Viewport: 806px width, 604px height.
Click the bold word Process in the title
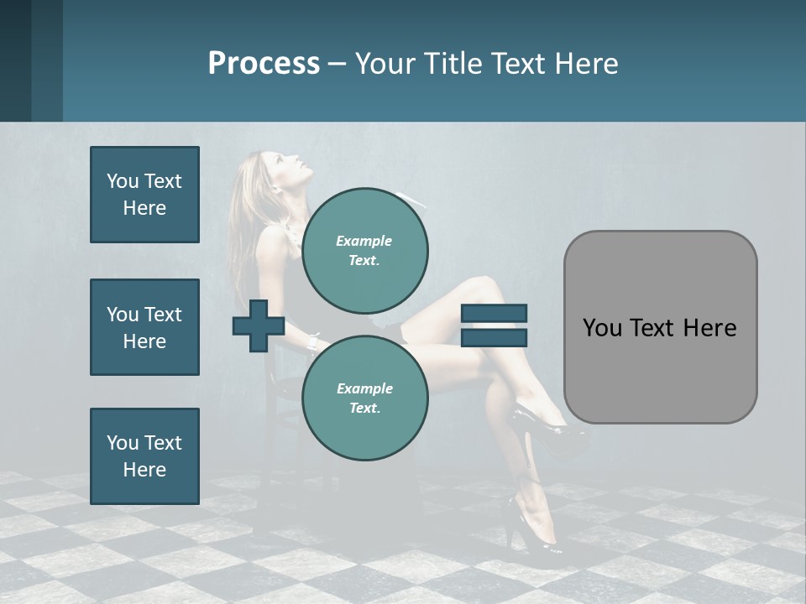pos(264,64)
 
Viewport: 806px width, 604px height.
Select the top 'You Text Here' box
pos(144,195)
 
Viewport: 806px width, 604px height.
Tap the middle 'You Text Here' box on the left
pos(144,327)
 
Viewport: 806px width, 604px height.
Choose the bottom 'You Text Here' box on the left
pos(144,456)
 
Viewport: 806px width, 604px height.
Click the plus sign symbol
pos(259,325)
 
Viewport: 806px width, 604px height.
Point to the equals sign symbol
pos(494,325)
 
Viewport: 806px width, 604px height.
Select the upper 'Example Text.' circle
pos(364,250)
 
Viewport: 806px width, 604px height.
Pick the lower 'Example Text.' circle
pos(364,398)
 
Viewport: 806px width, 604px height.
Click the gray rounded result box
pos(660,327)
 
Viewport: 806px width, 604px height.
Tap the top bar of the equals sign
pos(494,314)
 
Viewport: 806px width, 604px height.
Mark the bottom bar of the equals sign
pos(494,337)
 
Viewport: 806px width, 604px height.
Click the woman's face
pos(294,168)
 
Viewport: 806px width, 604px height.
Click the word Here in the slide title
pos(588,64)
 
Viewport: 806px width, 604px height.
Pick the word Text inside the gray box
pos(657,327)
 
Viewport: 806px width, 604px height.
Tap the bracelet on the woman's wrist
pos(313,341)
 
